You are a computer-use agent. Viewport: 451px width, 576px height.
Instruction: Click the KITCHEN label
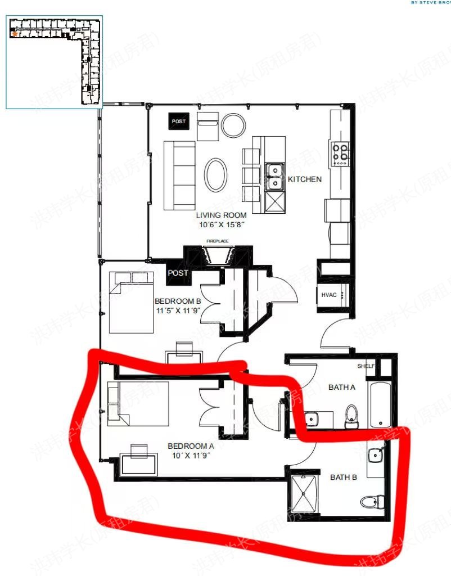[305, 179]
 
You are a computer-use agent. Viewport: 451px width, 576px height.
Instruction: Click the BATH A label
[342, 387]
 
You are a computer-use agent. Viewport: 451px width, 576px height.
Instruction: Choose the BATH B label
[344, 478]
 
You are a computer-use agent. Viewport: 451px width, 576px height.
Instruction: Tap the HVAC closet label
[328, 295]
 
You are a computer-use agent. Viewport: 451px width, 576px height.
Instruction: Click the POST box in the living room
[179, 121]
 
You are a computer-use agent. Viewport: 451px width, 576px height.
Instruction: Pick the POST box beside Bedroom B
[178, 273]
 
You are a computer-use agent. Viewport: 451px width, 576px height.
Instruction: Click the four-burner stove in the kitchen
[340, 154]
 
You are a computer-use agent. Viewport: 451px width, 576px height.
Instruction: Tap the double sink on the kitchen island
[274, 176]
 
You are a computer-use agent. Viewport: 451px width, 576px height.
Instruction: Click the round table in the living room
[233, 124]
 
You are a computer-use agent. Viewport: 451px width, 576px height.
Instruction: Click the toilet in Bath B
[372, 501]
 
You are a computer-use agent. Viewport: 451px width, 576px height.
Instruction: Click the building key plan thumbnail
[55, 62]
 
